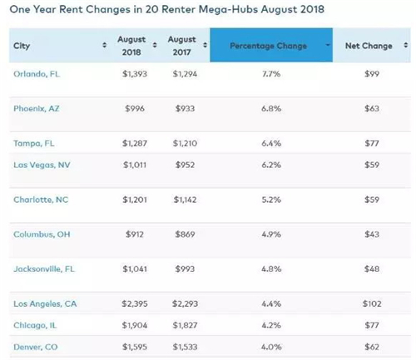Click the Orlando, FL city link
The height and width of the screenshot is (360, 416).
[37, 74]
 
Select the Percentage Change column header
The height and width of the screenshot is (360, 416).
[268, 46]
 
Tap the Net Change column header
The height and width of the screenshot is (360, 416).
[369, 46]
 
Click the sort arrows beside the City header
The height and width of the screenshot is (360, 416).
[104, 45]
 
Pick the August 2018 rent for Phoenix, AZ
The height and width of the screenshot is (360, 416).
[135, 108]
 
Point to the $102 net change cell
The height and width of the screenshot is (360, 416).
[372, 303]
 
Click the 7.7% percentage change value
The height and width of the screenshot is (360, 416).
[271, 74]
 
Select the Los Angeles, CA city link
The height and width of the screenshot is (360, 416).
[45, 303]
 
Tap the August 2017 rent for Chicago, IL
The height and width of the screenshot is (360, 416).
[185, 325]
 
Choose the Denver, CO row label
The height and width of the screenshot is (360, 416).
[36, 347]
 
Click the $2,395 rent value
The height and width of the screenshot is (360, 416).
[135, 303]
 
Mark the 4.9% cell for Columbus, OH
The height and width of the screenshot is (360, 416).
[271, 234]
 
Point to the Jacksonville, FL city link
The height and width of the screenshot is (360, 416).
[44, 269]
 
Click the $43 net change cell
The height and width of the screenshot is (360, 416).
[372, 234]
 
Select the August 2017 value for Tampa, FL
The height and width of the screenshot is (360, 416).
[185, 143]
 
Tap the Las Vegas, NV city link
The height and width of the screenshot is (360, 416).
[42, 165]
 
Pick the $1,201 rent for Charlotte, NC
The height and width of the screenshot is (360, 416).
[135, 200]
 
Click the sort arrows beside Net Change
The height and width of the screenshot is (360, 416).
[405, 45]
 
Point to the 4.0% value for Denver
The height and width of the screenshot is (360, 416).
[271, 347]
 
